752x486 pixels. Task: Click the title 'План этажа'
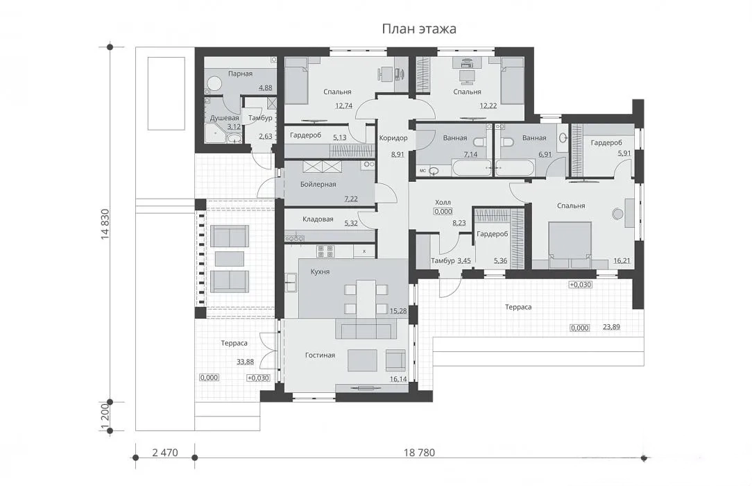coord(419,28)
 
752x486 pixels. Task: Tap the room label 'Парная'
coord(240,74)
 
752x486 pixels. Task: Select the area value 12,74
coord(343,106)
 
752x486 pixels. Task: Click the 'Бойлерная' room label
coord(318,184)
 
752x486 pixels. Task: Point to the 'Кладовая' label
coord(318,219)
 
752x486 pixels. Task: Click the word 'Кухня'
coord(320,271)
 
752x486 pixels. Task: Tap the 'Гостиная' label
coord(320,355)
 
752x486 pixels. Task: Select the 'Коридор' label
coord(393,138)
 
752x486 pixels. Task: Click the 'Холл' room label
coord(443,203)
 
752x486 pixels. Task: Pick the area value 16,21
coord(622,261)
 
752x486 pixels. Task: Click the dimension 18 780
coord(419,453)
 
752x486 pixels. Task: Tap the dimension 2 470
coord(165,453)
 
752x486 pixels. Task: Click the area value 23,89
coord(611,327)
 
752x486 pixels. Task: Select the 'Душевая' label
coord(225,118)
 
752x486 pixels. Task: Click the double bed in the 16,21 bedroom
coord(570,244)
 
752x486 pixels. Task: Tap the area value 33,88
coord(245,362)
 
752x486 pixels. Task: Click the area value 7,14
coord(470,155)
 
